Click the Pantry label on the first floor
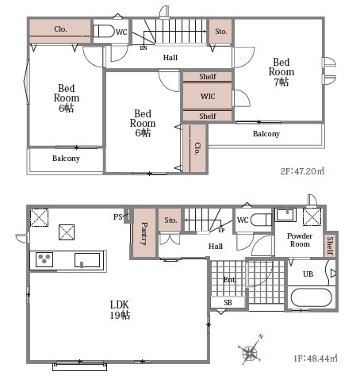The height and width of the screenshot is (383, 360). (x=144, y=234)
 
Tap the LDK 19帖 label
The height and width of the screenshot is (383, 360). (x=120, y=310)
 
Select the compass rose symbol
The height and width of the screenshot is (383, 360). (x=250, y=350)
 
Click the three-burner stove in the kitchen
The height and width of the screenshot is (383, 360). (x=44, y=259)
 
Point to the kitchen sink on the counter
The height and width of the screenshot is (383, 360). (x=87, y=260)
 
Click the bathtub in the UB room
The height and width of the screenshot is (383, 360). (x=311, y=297)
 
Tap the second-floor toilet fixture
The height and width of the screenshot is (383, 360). (x=104, y=31)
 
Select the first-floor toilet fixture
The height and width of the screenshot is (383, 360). (x=261, y=220)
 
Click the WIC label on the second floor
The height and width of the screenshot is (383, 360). (x=208, y=96)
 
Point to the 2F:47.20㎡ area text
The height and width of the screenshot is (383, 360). (x=302, y=171)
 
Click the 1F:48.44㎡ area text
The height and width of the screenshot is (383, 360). (x=316, y=358)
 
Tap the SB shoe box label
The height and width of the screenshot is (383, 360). (x=228, y=302)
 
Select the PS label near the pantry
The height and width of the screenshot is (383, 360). (x=118, y=217)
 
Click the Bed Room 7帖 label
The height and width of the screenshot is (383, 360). (x=281, y=72)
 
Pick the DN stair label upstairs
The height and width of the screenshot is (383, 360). (x=144, y=48)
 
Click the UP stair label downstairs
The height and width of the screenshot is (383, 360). (x=221, y=230)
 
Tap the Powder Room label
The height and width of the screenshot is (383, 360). (x=300, y=239)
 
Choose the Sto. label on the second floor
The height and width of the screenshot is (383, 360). (x=221, y=32)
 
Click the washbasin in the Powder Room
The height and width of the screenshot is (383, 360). (x=285, y=214)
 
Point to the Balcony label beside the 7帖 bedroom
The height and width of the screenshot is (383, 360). (x=266, y=134)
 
